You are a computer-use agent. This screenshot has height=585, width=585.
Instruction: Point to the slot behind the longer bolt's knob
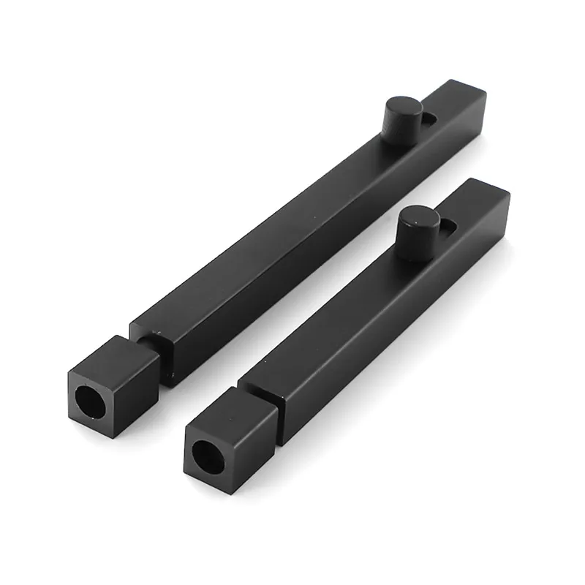tap(431, 118)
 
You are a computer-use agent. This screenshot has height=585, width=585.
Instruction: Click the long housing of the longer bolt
tap(292, 234)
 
